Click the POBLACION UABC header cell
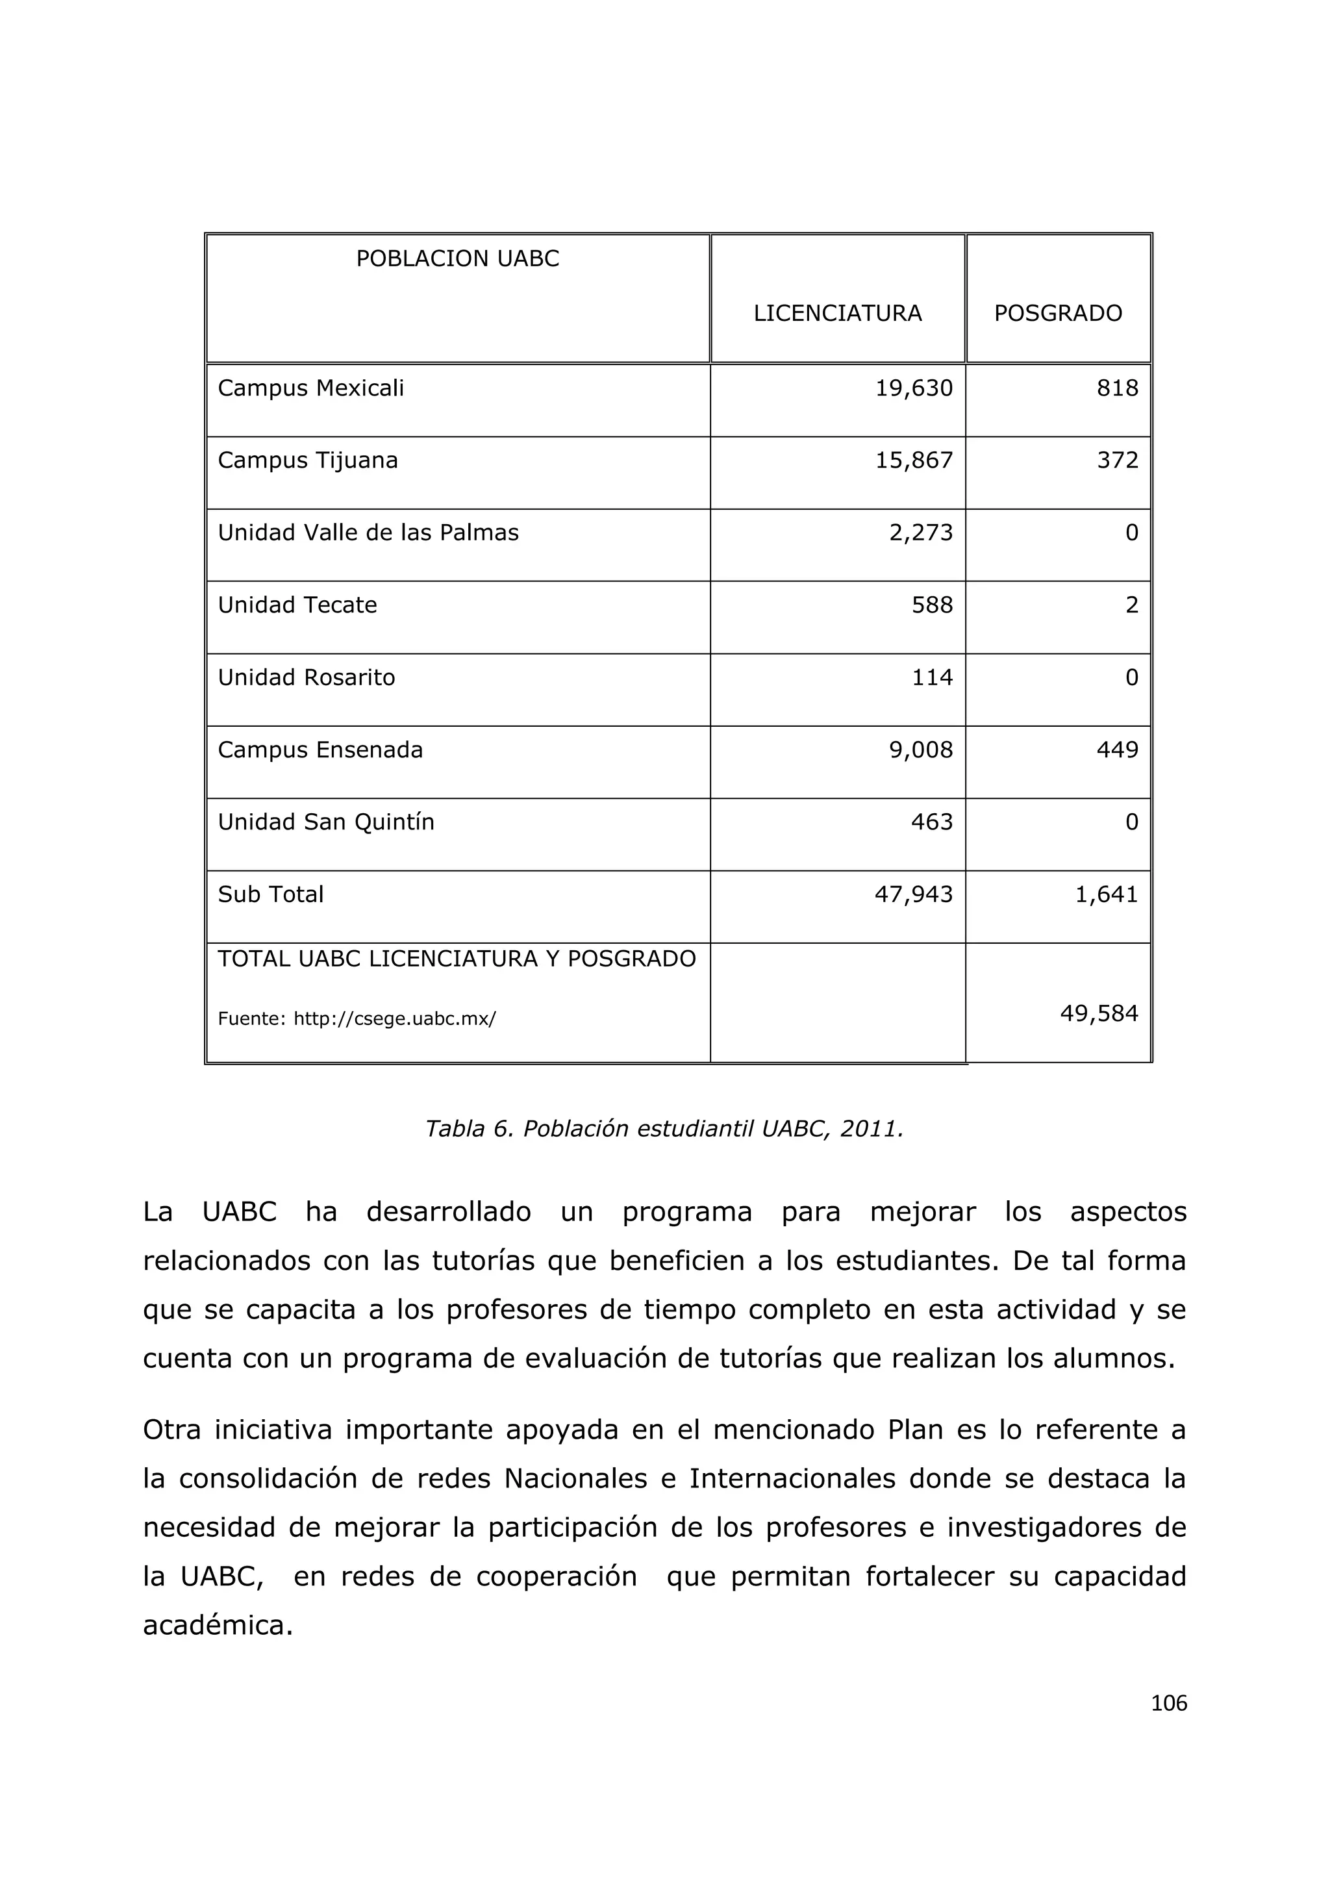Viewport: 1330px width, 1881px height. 457,259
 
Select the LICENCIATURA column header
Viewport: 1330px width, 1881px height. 837,313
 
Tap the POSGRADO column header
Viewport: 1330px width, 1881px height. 1057,313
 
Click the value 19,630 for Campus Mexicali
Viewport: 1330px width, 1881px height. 913,388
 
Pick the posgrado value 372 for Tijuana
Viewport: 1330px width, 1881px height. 1117,461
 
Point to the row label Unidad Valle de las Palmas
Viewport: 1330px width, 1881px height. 368,533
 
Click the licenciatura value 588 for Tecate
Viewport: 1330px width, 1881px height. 932,605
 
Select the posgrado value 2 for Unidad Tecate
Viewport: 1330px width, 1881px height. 1131,605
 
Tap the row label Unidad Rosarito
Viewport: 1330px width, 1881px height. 307,677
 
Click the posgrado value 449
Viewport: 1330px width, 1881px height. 1117,750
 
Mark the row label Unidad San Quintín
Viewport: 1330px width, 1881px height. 326,822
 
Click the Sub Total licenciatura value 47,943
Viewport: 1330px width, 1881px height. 913,894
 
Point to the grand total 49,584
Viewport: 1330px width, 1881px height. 1098,1015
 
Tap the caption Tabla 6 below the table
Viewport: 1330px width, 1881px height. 663,1129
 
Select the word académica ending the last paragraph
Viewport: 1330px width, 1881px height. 217,1625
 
